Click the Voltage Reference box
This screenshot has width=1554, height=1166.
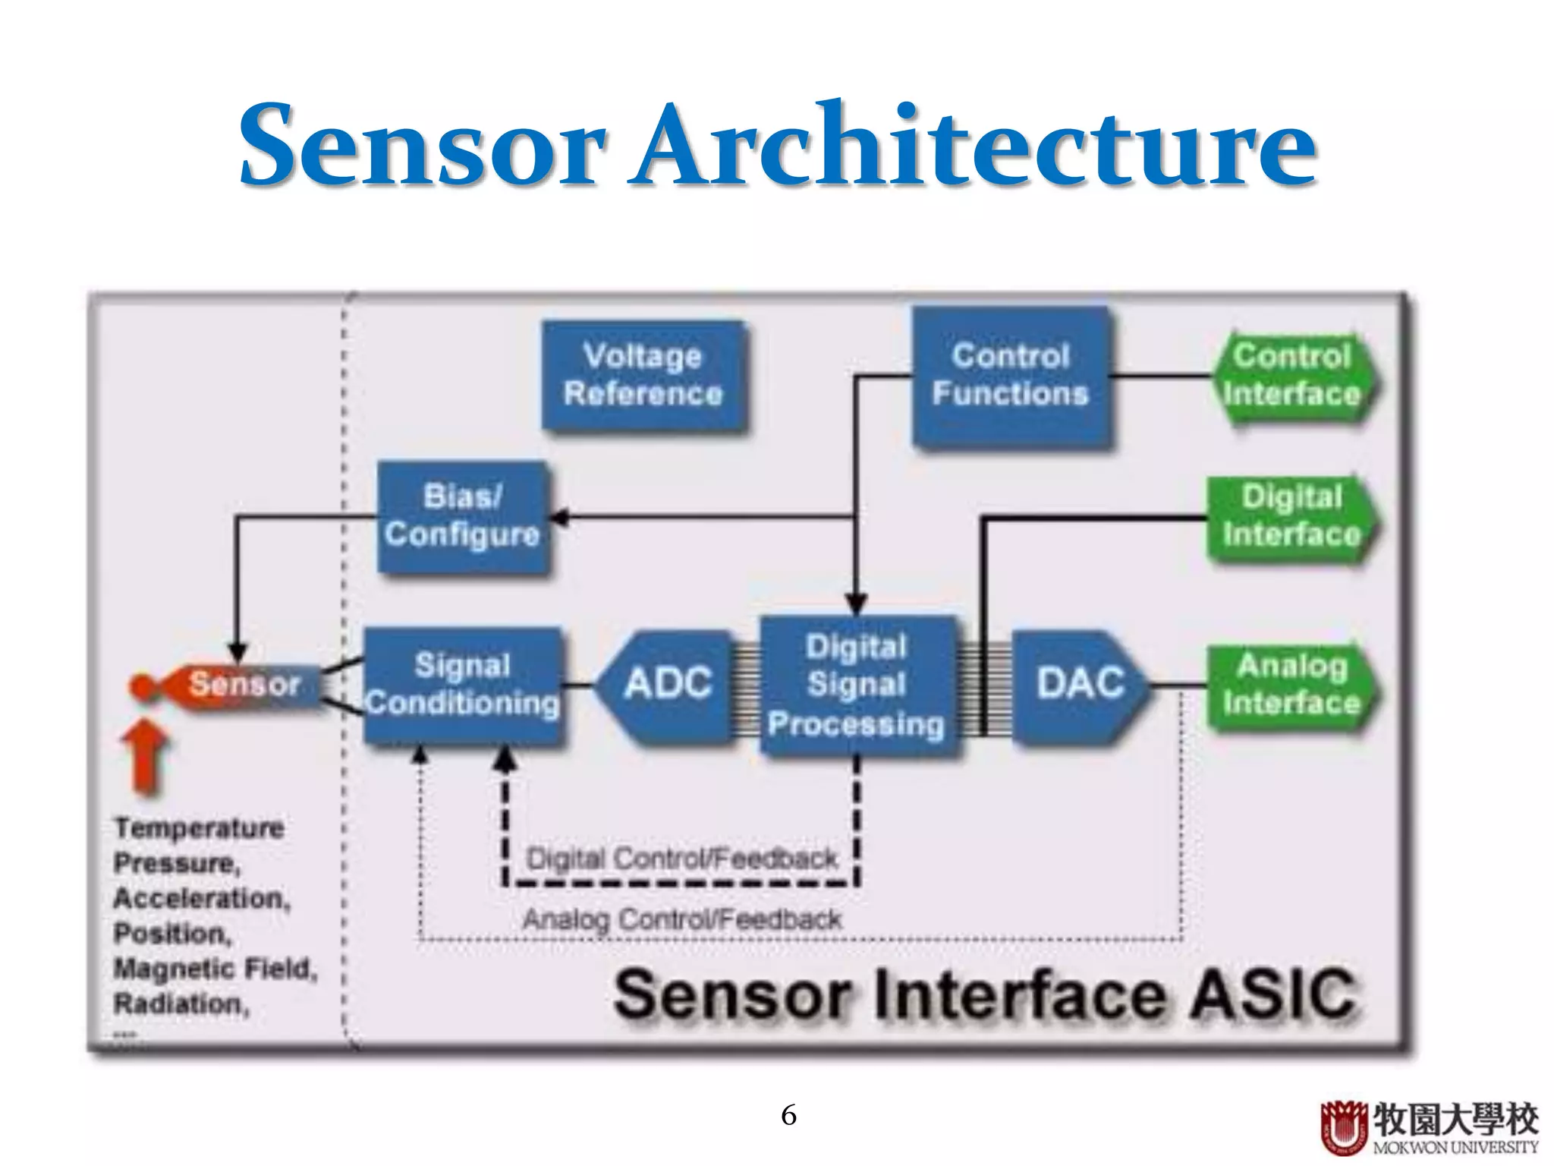point(643,375)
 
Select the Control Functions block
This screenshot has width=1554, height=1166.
point(1011,375)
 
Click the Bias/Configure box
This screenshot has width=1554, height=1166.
point(463,516)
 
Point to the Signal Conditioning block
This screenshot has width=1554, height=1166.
point(463,685)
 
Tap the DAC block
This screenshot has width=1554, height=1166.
point(1081,683)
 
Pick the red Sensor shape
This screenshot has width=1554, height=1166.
point(235,685)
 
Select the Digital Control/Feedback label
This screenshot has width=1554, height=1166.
point(681,859)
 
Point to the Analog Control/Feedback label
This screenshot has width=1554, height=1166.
point(681,920)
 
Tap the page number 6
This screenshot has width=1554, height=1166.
point(788,1115)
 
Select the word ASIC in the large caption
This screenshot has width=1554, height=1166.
point(1272,994)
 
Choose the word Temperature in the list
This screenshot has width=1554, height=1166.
point(199,827)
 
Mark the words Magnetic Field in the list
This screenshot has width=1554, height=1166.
point(213,969)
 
